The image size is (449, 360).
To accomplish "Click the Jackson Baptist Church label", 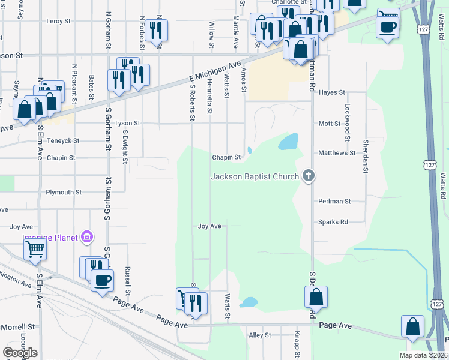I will (255, 176).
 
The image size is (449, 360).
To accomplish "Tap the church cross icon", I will (309, 176).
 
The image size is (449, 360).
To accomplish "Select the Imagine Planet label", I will (51, 238).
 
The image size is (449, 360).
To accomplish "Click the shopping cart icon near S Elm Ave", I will (35, 249).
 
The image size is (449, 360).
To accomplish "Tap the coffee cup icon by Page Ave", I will (102, 280).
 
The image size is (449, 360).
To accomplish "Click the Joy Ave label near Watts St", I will (210, 226).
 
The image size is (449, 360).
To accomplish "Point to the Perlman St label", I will (334, 202).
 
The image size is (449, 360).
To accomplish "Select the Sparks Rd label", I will (333, 222).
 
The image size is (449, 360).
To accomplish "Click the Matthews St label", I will (337, 153).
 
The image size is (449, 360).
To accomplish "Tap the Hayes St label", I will (332, 92).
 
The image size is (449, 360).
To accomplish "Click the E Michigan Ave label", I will (214, 71).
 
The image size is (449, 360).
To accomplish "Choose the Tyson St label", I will (127, 123).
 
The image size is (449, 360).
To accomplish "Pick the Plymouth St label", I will (64, 193).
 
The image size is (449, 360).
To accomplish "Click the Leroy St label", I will (58, 21).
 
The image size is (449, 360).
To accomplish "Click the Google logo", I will (20, 353).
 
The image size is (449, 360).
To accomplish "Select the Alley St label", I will (260, 335).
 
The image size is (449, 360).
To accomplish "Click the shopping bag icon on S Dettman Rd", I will (316, 296).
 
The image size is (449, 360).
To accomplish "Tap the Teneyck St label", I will (63, 141).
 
